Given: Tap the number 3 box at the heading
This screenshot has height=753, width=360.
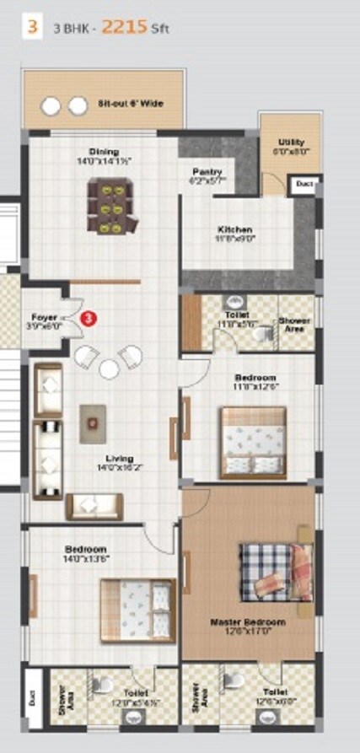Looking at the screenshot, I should click(32, 26).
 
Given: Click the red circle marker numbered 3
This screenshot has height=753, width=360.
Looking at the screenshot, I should click(89, 317).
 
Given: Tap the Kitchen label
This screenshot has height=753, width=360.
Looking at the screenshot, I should click(234, 230).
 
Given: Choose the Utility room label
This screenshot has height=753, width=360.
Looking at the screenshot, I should click(291, 143).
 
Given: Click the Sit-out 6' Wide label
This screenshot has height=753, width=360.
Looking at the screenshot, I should click(130, 104).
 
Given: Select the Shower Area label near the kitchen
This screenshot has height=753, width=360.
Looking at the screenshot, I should click(295, 325).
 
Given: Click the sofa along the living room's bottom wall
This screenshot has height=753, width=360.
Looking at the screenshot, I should click(94, 506).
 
